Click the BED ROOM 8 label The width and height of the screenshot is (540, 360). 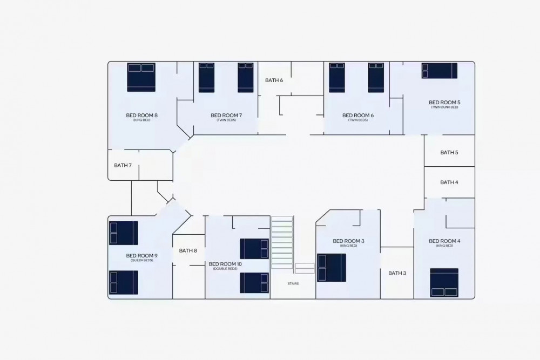coord(141,116)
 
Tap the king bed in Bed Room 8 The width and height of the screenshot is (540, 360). coord(141,77)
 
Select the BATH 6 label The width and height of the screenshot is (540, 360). coord(274,80)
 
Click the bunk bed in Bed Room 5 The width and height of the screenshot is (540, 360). coord(440,71)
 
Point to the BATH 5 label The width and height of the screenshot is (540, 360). coord(449,152)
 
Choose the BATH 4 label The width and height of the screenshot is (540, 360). coord(449,182)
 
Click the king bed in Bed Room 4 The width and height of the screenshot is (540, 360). coord(444,283)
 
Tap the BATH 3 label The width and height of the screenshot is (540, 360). coord(397,273)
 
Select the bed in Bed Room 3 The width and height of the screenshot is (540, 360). coord(332,268)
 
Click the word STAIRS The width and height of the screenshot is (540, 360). coord(293,283)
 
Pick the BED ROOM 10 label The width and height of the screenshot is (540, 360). coord(225,264)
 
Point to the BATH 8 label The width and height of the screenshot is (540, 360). coord(188,250)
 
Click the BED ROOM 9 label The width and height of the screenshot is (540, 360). coord(141,255)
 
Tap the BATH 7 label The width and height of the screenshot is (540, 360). coord(123,165)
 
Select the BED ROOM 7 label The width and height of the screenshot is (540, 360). coord(226,116)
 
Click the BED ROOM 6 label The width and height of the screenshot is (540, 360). coord(358,116)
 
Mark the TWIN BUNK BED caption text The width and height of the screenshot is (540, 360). coord(444,107)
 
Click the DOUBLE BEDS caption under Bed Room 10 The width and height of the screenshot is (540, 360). coord(225,269)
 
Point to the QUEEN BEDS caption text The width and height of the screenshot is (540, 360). coord(141,260)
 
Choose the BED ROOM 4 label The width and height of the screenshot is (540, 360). coord(444,241)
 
